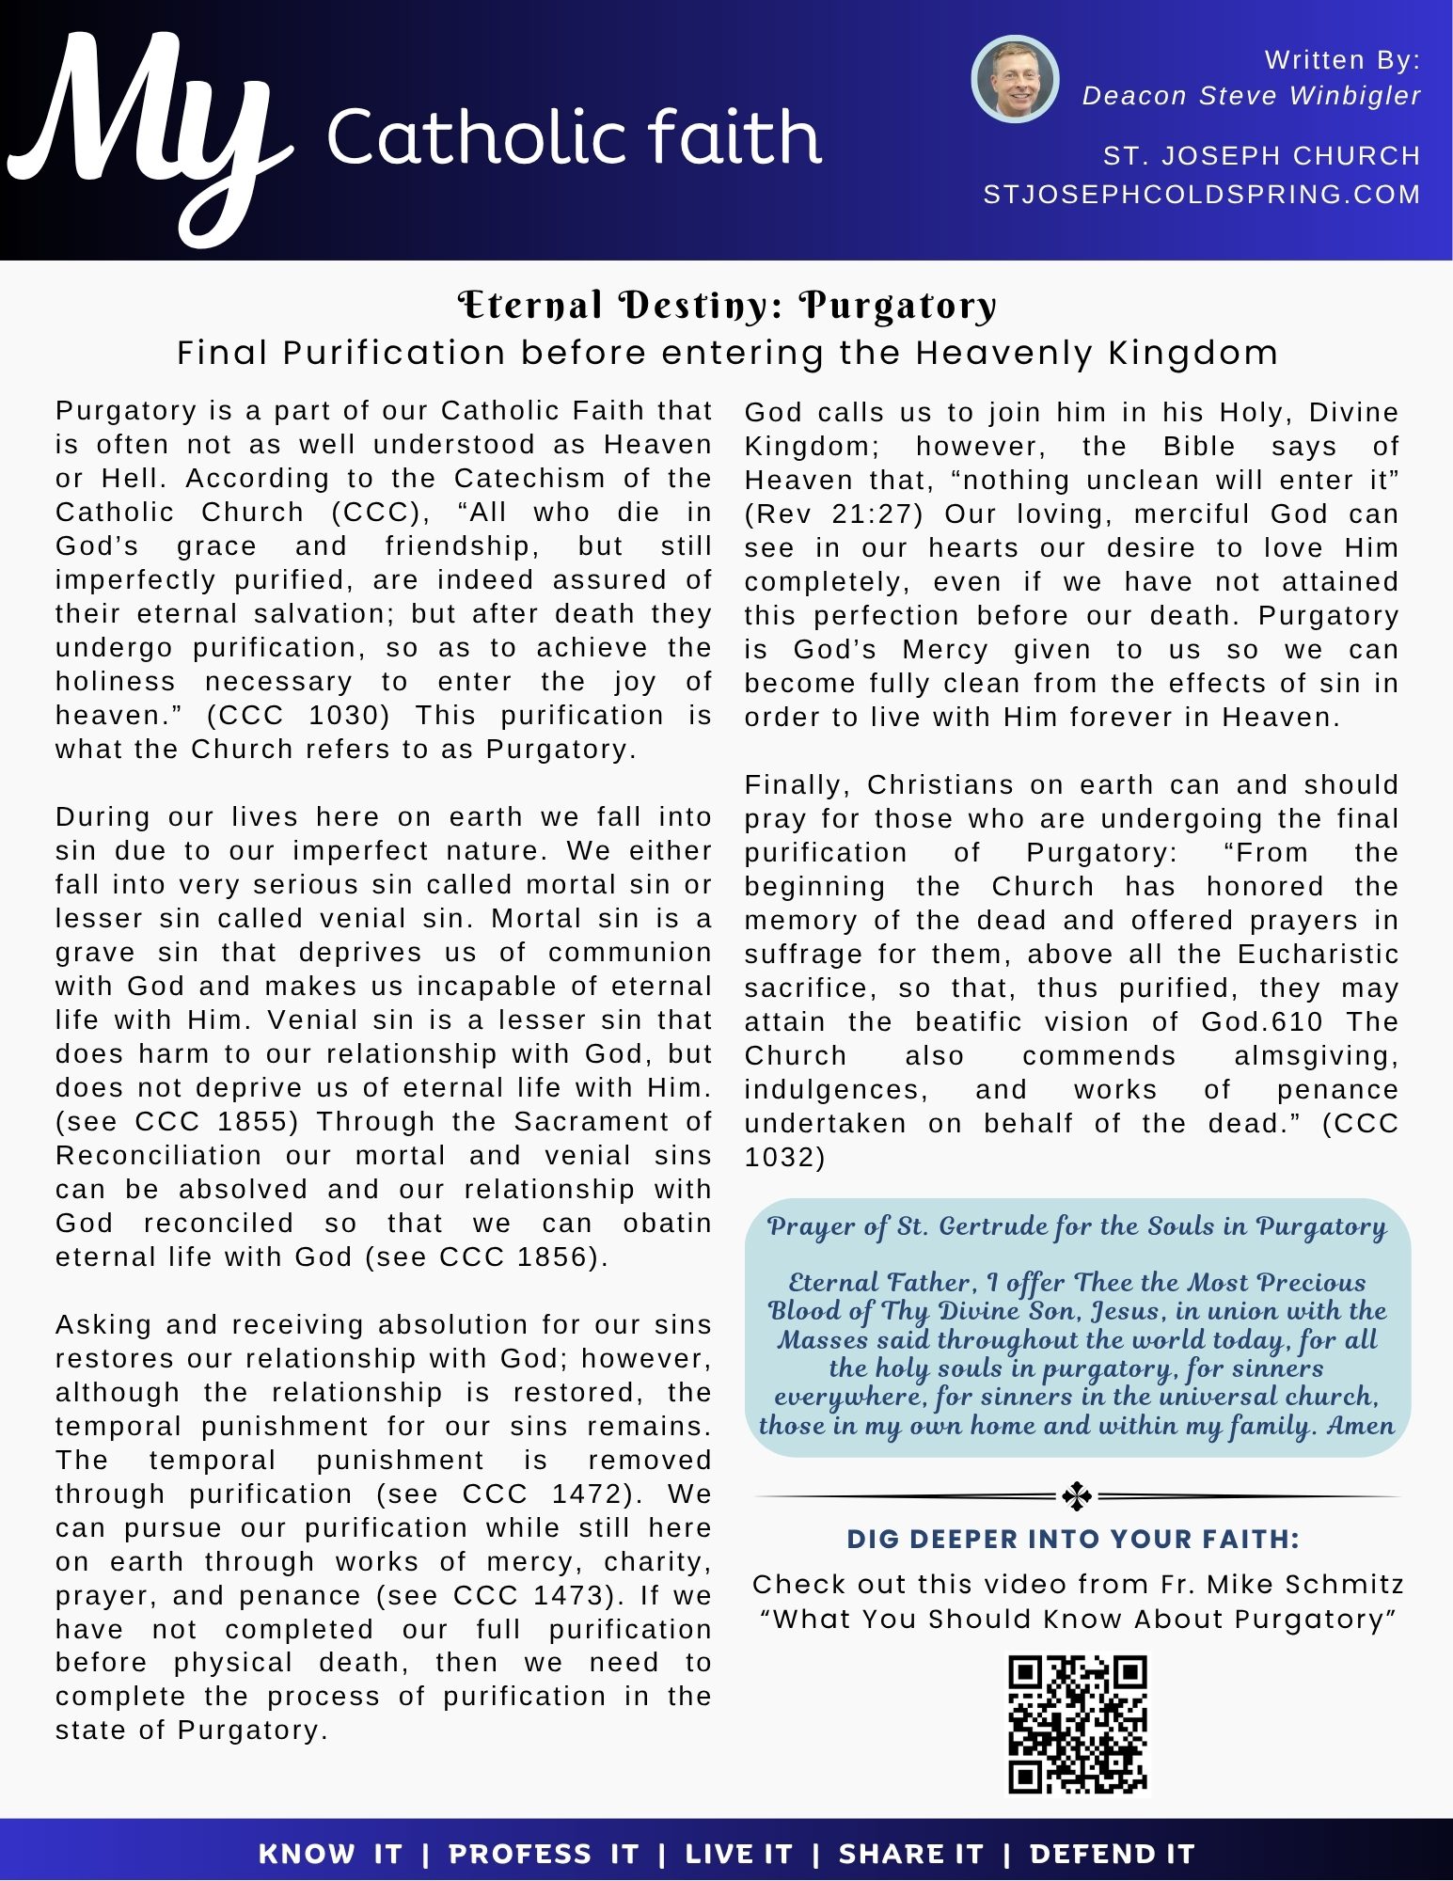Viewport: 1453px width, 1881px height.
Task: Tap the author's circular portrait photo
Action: coord(1015,80)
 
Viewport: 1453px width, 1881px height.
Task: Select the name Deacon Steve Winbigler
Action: coord(1251,96)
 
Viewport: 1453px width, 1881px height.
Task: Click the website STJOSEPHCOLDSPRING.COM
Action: coord(1201,195)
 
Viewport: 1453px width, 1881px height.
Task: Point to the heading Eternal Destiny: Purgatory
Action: coord(727,306)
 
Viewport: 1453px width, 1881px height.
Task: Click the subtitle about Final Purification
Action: coord(727,354)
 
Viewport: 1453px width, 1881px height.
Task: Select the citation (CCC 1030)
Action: coord(298,716)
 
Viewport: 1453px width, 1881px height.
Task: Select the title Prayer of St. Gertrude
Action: coord(1077,1226)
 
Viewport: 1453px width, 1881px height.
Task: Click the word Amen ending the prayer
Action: coord(1360,1426)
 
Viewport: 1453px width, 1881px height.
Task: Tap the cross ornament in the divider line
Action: coord(1076,1495)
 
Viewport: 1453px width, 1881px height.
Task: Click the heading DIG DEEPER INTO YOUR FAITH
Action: coord(1073,1540)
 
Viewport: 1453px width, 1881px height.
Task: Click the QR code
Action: coord(1078,1724)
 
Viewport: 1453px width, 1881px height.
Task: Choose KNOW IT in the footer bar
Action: coord(330,1855)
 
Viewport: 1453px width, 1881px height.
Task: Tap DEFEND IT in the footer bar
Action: coord(1112,1855)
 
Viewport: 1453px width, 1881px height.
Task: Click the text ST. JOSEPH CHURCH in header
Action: coord(1260,156)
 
